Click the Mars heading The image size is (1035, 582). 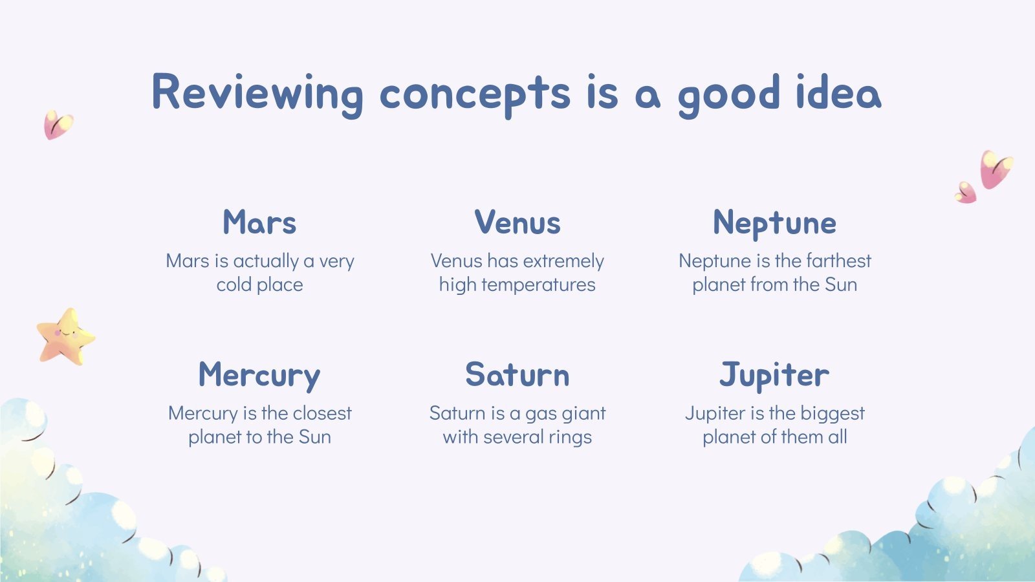pos(259,222)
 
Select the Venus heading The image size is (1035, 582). pos(517,222)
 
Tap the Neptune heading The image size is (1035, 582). pos(774,224)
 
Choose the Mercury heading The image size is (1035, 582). pos(259,376)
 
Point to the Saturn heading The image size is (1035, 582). pos(517,374)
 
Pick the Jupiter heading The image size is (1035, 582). pos(774,376)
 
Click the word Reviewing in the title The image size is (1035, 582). pos(257,95)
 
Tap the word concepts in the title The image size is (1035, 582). pos(475,95)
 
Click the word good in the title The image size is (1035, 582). pos(729,95)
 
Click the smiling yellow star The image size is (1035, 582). pos(66,337)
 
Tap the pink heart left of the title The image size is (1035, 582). pos(58,124)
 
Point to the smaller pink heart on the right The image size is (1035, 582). pos(966,193)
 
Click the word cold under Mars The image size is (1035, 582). pos(234,285)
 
